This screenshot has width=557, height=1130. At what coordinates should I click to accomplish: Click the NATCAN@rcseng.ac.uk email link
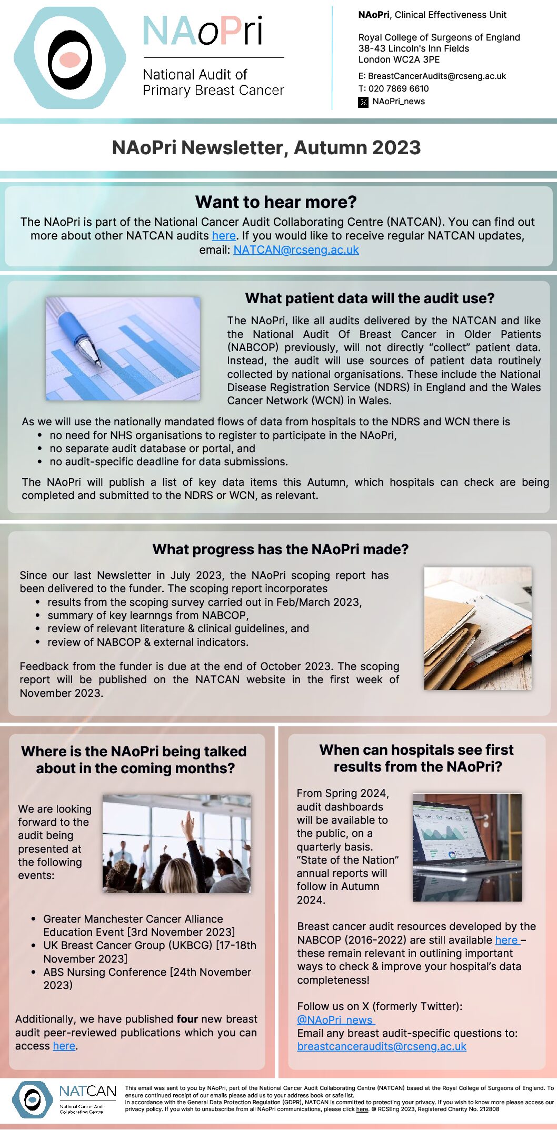pos(296,250)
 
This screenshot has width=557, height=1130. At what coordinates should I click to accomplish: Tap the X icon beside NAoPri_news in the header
pos(363,102)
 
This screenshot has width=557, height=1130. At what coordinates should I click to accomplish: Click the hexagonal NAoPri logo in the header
pos(70,58)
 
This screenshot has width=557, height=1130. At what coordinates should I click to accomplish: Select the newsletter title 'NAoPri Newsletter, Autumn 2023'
pos(266,148)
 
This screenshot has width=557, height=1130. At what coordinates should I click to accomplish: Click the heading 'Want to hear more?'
pos(276,202)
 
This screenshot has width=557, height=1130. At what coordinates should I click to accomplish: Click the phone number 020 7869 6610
pos(399,88)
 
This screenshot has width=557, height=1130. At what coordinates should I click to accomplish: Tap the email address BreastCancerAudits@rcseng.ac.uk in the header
pos(437,76)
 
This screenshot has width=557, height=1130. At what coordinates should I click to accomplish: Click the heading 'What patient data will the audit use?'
pos(370,298)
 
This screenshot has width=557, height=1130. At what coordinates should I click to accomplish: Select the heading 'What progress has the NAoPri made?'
pos(280,549)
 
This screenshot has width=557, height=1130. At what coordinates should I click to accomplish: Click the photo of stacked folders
pos(478,628)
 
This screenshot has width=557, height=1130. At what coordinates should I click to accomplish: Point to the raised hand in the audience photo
pos(188,826)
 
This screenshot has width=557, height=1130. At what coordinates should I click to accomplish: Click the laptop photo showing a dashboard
pos(467,847)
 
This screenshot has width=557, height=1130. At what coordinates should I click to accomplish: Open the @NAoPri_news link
pos(335,1019)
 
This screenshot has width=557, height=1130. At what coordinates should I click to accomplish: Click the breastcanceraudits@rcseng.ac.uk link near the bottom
pos(382,1046)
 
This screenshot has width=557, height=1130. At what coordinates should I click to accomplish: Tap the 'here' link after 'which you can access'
pos(64,1046)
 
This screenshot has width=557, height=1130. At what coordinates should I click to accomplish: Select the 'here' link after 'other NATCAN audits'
pos(224,236)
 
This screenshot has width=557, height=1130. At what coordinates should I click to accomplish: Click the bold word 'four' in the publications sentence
pos(187,1019)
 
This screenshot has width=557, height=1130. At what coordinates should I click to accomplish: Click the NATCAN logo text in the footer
pos(87,1092)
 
